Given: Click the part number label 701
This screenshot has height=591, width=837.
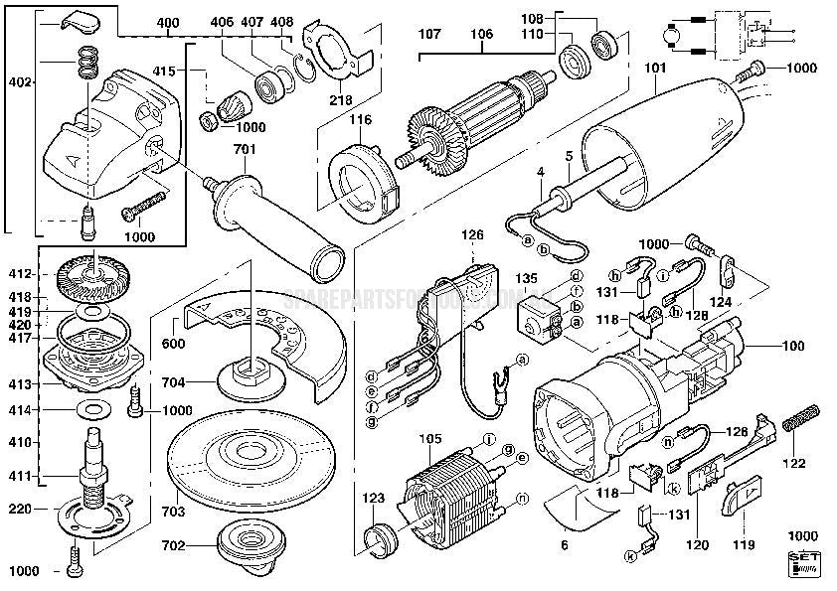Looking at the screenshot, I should coord(245,150).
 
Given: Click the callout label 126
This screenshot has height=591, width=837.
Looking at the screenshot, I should coord(471,235).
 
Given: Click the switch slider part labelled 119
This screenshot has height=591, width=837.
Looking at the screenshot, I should coord(741,496).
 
